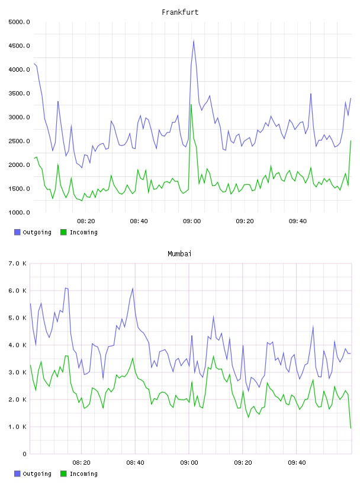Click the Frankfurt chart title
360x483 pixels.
(x=180, y=12)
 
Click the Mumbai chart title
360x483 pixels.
(x=179, y=254)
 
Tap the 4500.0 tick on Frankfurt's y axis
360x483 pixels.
(x=20, y=46)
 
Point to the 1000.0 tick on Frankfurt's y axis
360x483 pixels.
(x=20, y=212)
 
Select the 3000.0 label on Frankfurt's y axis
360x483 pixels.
(x=20, y=117)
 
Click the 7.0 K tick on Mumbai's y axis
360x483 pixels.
(x=18, y=263)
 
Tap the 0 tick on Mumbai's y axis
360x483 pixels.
(x=24, y=454)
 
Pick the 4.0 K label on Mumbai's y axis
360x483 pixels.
(x=18, y=345)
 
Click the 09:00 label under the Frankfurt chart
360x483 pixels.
(x=192, y=221)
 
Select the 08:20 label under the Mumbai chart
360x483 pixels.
(x=81, y=463)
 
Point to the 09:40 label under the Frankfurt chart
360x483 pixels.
(x=298, y=221)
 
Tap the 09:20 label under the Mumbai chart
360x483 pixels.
(x=243, y=463)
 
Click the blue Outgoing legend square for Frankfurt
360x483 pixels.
(x=17, y=232)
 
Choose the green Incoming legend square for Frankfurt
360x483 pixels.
(x=63, y=232)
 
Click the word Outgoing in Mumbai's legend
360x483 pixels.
(x=37, y=474)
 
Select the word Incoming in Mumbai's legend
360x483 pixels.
(x=83, y=474)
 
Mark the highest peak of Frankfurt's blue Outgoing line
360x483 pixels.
(x=194, y=40)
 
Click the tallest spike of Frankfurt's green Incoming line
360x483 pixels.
(x=191, y=105)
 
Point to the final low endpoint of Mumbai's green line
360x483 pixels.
(x=351, y=428)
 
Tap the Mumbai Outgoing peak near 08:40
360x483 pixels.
(x=133, y=288)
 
